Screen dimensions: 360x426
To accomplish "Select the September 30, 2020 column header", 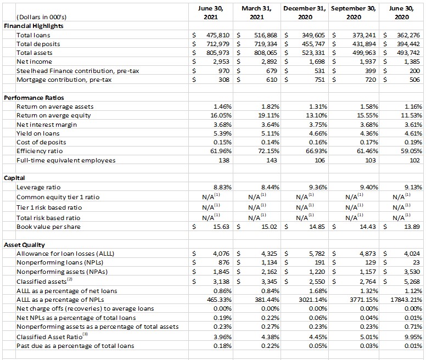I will point(354,13).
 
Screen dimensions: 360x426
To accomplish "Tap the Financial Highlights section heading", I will point(33,26).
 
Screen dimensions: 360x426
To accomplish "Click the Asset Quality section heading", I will point(25,245).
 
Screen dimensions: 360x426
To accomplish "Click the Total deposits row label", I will point(38,43).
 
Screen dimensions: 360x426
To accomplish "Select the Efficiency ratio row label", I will point(40,151).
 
